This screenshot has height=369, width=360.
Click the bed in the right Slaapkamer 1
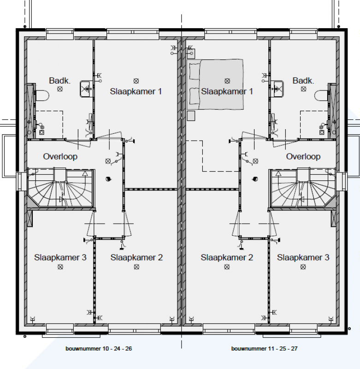[215, 84]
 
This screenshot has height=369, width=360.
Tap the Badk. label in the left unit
[59, 81]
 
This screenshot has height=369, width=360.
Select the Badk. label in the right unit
[303, 81]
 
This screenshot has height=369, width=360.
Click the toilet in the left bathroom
[42, 95]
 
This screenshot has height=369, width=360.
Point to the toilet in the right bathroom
[321, 95]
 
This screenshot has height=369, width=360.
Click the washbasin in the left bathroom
[86, 89]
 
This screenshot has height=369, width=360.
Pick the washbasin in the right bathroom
[277, 89]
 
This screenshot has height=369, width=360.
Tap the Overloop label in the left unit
[60, 156]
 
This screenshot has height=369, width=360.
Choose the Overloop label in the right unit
[303, 156]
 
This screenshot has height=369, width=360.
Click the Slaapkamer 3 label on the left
[60, 257]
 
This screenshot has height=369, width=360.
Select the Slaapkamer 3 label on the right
[303, 257]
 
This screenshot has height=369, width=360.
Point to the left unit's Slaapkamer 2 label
[136, 257]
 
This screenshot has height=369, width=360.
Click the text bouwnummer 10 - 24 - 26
[99, 349]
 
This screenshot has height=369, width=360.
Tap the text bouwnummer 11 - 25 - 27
[264, 349]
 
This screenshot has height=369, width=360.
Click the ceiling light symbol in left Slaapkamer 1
[136, 81]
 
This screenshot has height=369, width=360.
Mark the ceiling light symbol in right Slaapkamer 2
[227, 267]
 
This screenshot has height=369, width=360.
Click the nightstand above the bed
[191, 54]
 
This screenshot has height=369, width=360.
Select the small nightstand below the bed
[191, 116]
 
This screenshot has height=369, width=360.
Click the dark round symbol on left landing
[108, 179]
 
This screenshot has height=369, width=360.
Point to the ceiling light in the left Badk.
[60, 89]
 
